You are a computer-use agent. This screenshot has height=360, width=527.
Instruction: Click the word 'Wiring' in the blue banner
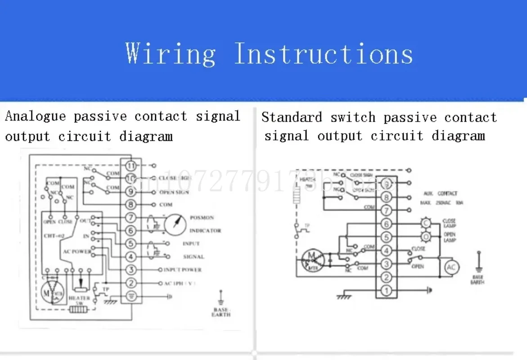[171, 54]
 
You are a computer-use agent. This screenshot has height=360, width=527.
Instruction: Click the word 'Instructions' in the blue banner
[323, 54]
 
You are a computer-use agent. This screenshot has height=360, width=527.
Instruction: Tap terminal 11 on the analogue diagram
[131, 166]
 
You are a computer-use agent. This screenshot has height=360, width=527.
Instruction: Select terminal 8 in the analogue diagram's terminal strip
[131, 205]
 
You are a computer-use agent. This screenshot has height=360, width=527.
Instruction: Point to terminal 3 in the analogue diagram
[131, 270]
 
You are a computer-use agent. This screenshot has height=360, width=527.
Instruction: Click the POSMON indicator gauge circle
[175, 224]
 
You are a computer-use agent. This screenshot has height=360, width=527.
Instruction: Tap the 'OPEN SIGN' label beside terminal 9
[173, 192]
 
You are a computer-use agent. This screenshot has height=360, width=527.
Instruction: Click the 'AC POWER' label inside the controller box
[77, 251]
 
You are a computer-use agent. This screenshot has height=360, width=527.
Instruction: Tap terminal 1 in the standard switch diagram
[386, 291]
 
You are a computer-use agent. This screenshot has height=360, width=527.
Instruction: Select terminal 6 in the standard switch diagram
[386, 224]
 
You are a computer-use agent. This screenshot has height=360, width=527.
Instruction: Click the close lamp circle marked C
[425, 223]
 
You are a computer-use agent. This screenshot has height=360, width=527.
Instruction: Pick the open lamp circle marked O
[425, 237]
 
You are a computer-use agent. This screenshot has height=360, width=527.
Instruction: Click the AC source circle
[451, 268]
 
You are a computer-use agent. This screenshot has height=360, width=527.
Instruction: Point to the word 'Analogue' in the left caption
[36, 116]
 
